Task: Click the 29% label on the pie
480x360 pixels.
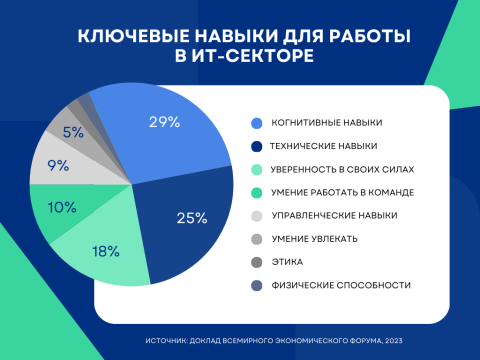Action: pos(164,122)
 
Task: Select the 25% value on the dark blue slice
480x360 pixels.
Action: pos(192,218)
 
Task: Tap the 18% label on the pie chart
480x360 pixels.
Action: pos(106,251)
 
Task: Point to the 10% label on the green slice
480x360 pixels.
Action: pos(62,207)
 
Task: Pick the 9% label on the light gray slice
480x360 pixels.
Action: pos(58,165)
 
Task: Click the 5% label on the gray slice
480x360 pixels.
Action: pos(73,132)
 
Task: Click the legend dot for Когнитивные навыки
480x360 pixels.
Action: pos(257,123)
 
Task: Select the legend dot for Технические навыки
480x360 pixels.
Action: pos(257,146)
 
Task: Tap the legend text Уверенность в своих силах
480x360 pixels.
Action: pos(342,169)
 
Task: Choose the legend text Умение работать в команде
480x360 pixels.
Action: pos(342,192)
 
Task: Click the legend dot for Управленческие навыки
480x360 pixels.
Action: pos(257,216)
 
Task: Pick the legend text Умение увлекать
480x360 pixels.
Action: pos(314,239)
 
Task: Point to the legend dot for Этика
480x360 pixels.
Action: pos(257,262)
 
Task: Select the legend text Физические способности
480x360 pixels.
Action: pos(341,285)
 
